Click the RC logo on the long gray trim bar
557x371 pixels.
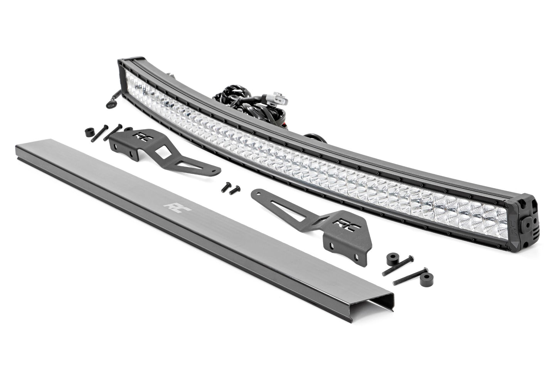tap(171, 205)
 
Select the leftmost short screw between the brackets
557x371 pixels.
tap(222, 185)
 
